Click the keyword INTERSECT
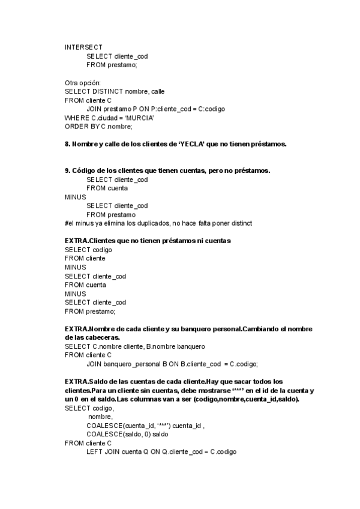coord(83,47)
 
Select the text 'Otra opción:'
coord(83,82)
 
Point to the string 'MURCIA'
coord(140,118)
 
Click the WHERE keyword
coord(76,118)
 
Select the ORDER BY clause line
coord(98,127)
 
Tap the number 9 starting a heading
coord(67,170)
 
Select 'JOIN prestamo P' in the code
coord(107,109)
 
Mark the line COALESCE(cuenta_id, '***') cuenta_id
coord(145,426)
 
